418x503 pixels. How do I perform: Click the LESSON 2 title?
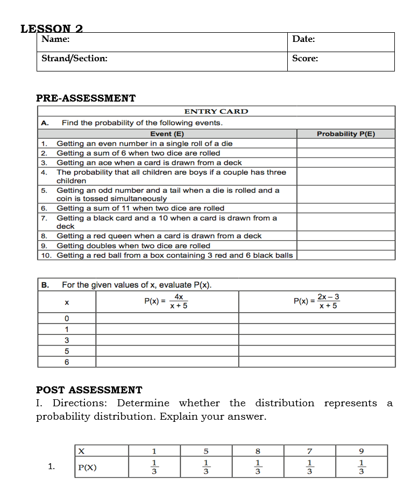(52, 28)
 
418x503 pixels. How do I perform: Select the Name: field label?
(55, 39)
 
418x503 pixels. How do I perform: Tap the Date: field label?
(303, 39)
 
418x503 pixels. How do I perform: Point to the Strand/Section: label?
(74, 59)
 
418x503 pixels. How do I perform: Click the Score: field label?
(305, 59)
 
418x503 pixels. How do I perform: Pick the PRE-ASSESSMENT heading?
(86, 98)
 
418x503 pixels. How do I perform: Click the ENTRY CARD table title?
(216, 112)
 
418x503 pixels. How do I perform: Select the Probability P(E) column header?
(346, 134)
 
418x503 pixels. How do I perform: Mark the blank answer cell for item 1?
(346, 143)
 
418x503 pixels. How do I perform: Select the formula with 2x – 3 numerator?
(316, 301)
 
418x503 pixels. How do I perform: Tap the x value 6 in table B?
(67, 362)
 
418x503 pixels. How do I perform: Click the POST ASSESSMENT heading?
(89, 390)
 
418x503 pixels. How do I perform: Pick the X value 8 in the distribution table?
(258, 450)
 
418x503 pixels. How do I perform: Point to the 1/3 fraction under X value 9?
(362, 466)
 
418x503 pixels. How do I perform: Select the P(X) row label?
(88, 467)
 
